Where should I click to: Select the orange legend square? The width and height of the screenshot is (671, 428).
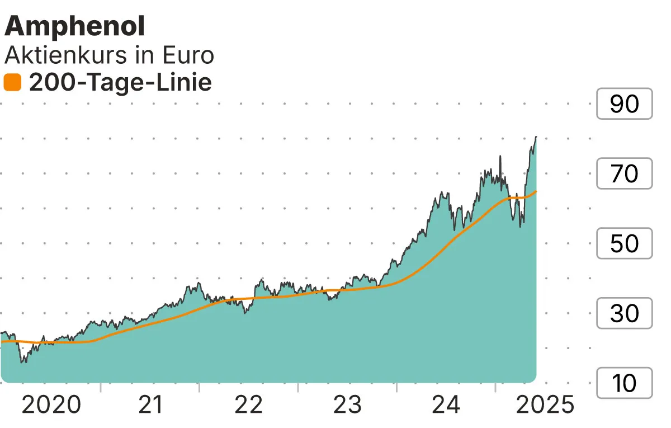coord(12,83)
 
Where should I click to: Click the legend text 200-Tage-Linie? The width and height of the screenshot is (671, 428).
coord(120,83)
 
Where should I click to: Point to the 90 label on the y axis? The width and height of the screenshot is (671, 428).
coord(624,104)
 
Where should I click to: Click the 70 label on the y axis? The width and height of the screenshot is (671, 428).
coord(624,174)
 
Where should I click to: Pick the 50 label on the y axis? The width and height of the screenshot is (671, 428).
coord(624,244)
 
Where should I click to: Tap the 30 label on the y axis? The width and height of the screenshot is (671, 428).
coord(624,313)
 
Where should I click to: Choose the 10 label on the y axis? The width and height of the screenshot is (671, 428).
coord(624,383)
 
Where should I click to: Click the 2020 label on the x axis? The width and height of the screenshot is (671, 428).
coord(51,405)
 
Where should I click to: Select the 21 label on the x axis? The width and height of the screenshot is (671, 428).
coord(150,405)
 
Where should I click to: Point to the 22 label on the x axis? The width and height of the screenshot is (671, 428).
coord(249,405)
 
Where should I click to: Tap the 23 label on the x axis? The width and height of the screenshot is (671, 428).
coord(348,405)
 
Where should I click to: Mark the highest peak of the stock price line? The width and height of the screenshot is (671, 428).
coord(536,137)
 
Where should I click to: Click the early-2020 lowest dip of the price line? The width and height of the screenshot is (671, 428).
coord(23,362)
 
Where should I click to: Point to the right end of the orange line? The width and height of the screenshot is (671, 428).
coord(536,192)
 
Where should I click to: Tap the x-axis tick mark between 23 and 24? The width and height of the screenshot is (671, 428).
coord(397,387)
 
